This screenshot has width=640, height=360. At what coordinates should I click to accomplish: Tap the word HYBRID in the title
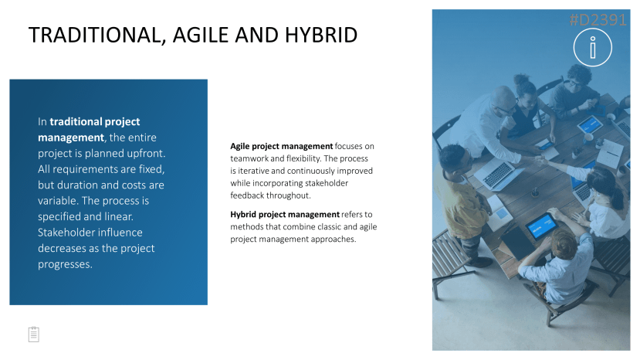321,35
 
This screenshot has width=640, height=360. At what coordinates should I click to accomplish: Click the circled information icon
593,47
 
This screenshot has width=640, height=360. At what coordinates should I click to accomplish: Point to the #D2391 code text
598,19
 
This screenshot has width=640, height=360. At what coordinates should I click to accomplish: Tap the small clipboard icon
34,335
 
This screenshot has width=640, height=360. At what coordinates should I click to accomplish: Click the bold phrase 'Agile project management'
282,146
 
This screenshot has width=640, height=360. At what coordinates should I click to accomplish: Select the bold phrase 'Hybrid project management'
285,215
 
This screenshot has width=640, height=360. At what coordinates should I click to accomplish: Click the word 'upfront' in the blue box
146,153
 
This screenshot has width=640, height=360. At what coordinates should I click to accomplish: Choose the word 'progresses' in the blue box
65,264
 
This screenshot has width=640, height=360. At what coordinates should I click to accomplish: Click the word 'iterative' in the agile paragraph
252,171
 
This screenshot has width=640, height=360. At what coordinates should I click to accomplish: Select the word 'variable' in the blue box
56,201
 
